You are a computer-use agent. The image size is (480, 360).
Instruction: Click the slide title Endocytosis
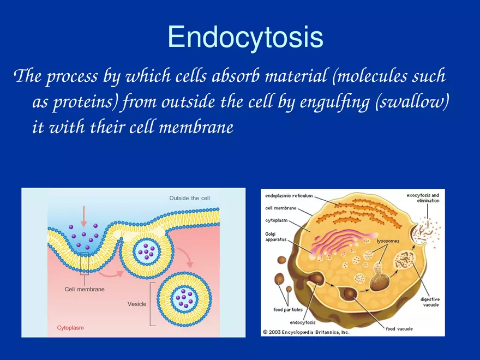click(245, 38)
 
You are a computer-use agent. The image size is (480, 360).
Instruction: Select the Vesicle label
click(136, 304)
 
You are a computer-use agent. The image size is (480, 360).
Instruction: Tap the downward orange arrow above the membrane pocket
click(83, 216)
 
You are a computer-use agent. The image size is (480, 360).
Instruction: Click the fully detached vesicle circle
click(182, 298)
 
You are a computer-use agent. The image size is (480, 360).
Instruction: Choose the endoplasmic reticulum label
click(289, 195)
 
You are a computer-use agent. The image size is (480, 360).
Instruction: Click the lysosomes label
click(388, 241)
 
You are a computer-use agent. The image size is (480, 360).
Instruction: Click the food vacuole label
click(399, 329)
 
